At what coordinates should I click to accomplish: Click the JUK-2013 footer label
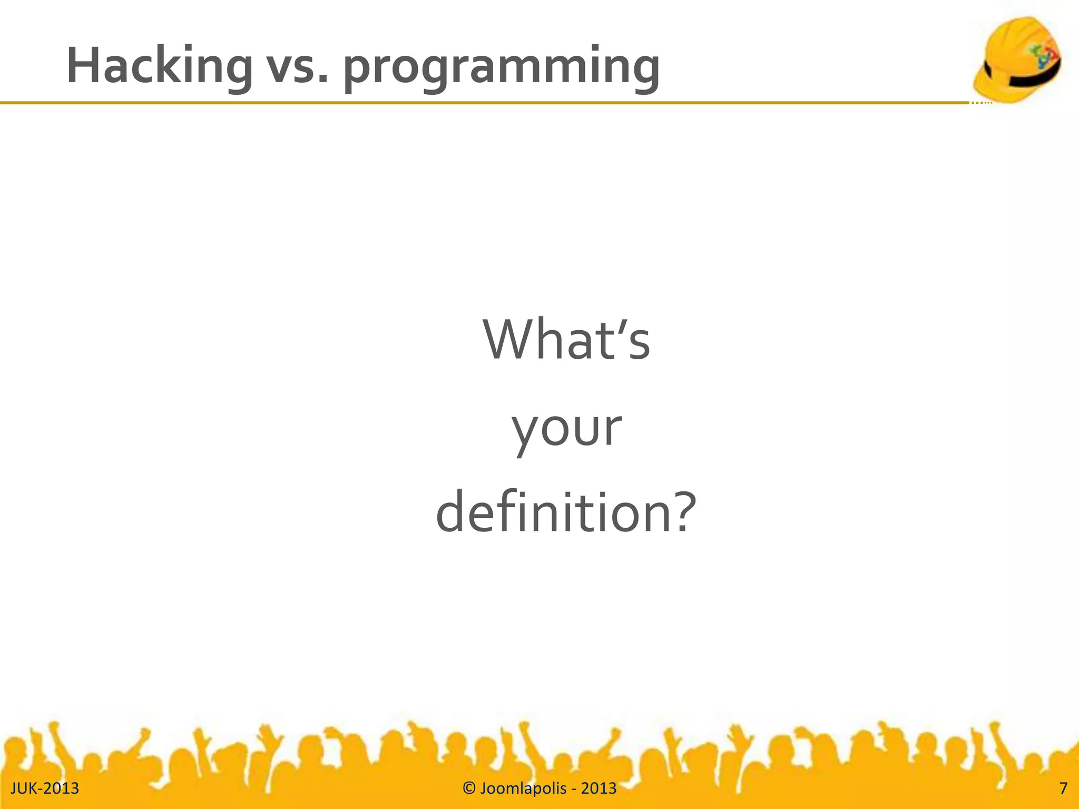45,788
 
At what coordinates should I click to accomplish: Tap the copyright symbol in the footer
469,788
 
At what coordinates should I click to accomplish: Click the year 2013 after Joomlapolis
599,788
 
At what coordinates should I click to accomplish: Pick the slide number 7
1063,788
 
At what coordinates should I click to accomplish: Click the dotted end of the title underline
982,103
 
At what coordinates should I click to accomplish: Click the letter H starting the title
85,66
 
